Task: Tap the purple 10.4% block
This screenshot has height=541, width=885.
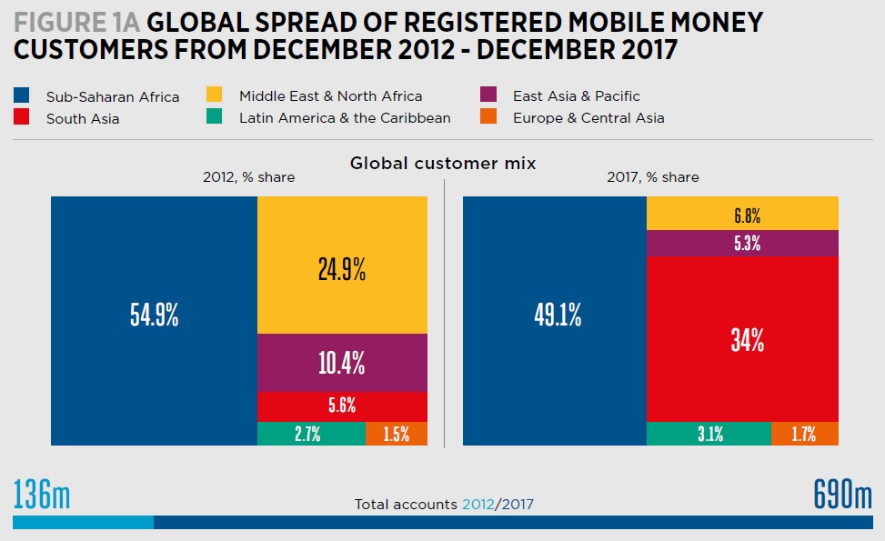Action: (x=342, y=363)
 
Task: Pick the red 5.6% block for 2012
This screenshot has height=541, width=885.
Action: (x=342, y=406)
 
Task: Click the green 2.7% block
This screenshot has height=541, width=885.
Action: (x=311, y=434)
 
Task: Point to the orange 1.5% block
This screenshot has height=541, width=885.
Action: (x=397, y=434)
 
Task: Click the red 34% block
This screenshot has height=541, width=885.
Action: (x=742, y=339)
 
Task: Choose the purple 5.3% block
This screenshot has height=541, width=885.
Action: (x=742, y=243)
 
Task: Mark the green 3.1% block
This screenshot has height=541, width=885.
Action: (x=709, y=434)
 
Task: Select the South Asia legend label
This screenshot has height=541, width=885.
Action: (x=82, y=118)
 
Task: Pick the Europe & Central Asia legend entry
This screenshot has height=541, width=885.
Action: (x=588, y=117)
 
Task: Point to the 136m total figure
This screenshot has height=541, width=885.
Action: (x=42, y=496)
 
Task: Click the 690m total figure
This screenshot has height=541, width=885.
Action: (x=842, y=496)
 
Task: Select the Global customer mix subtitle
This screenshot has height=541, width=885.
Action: (x=443, y=163)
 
